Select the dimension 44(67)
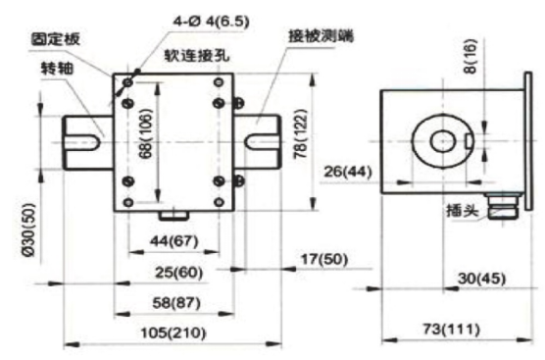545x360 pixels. pyautogui.click(x=172, y=240)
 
